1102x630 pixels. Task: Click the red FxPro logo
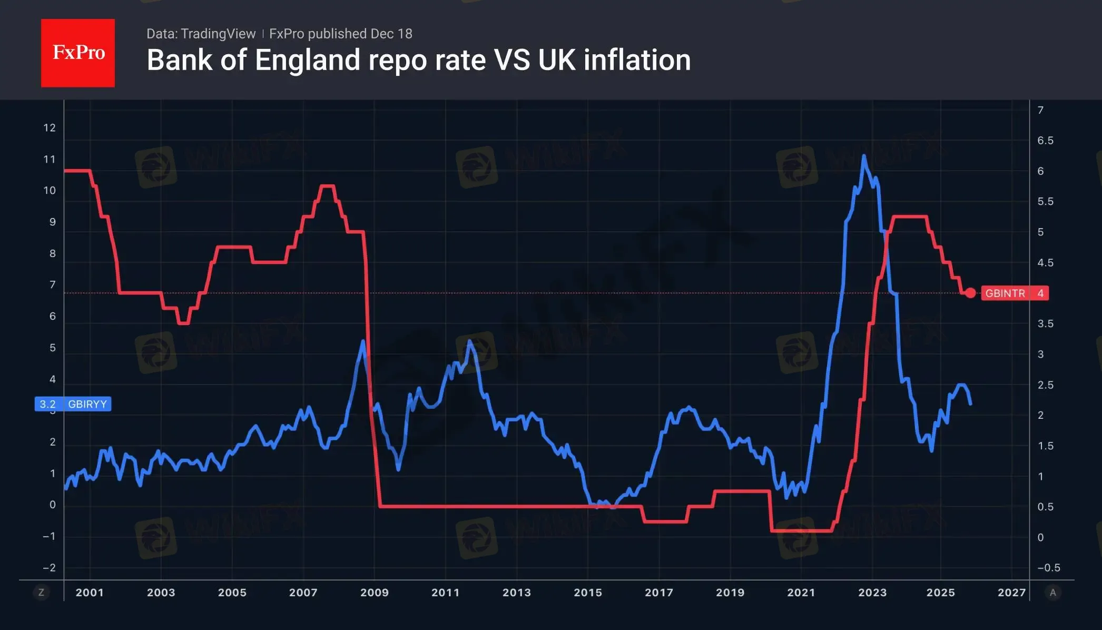[x=78, y=53]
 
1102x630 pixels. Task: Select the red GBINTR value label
[x=1014, y=293]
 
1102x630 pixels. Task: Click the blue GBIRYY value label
[x=73, y=404]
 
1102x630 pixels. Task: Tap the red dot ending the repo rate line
[x=970, y=293]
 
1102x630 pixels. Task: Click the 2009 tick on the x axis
[x=374, y=592]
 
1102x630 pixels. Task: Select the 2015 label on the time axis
[x=588, y=592]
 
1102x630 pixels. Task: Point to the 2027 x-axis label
[x=1011, y=592]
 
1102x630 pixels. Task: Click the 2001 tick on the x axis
[x=90, y=592]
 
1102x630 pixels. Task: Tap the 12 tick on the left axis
[x=50, y=127]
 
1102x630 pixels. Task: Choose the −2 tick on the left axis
[x=49, y=568]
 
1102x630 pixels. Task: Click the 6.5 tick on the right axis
[x=1045, y=141]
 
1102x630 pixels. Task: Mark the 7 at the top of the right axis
[x=1040, y=110]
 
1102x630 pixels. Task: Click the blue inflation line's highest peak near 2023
[x=864, y=155]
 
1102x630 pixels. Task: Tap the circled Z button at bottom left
[x=41, y=593]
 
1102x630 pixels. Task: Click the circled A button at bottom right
[x=1052, y=593]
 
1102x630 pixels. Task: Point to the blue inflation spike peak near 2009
[x=363, y=341]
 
